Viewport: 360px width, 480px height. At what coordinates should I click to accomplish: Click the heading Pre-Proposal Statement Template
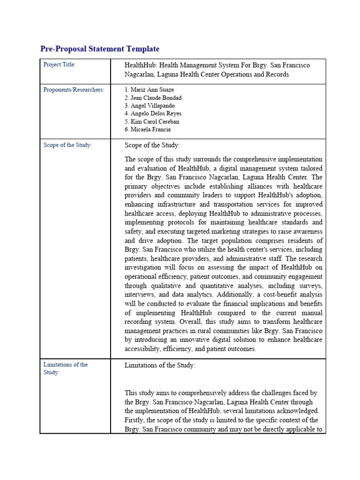(x=100, y=49)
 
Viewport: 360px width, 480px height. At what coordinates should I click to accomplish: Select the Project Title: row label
(x=60, y=65)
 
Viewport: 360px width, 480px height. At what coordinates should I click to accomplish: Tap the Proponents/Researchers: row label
(x=74, y=90)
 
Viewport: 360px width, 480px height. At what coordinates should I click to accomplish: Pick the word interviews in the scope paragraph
(x=139, y=294)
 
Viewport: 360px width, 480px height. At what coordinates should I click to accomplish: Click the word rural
(x=216, y=330)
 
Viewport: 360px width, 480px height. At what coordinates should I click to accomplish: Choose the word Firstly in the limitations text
(x=135, y=420)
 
